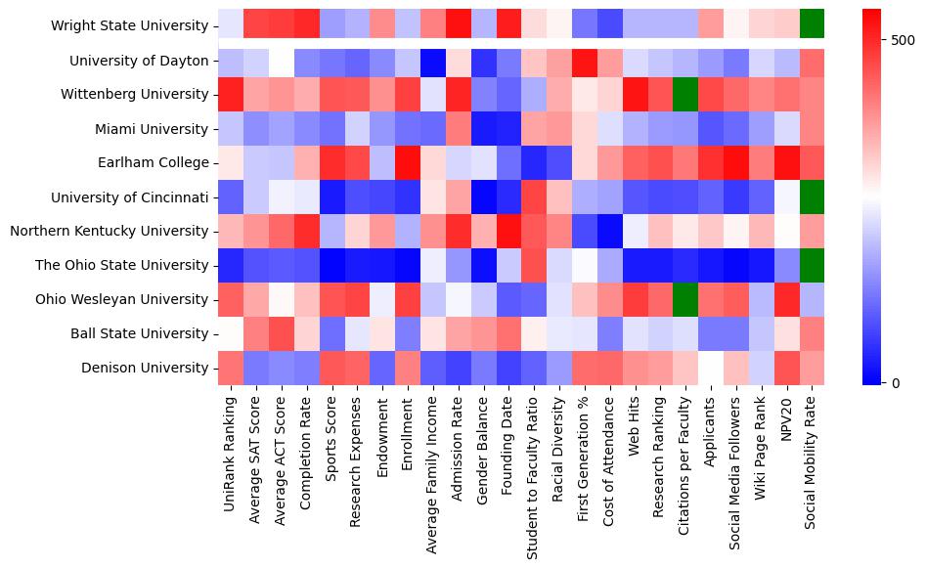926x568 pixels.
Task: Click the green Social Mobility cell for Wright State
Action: coord(812,26)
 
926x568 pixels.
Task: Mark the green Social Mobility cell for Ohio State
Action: coord(812,266)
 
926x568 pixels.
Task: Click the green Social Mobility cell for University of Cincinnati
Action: coord(812,197)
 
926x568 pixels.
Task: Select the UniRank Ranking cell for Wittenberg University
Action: coord(230,95)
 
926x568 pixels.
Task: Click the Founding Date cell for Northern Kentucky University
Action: coord(507,232)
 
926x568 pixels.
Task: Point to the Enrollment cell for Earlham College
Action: coord(405,163)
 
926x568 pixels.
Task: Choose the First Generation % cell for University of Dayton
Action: coord(583,61)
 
